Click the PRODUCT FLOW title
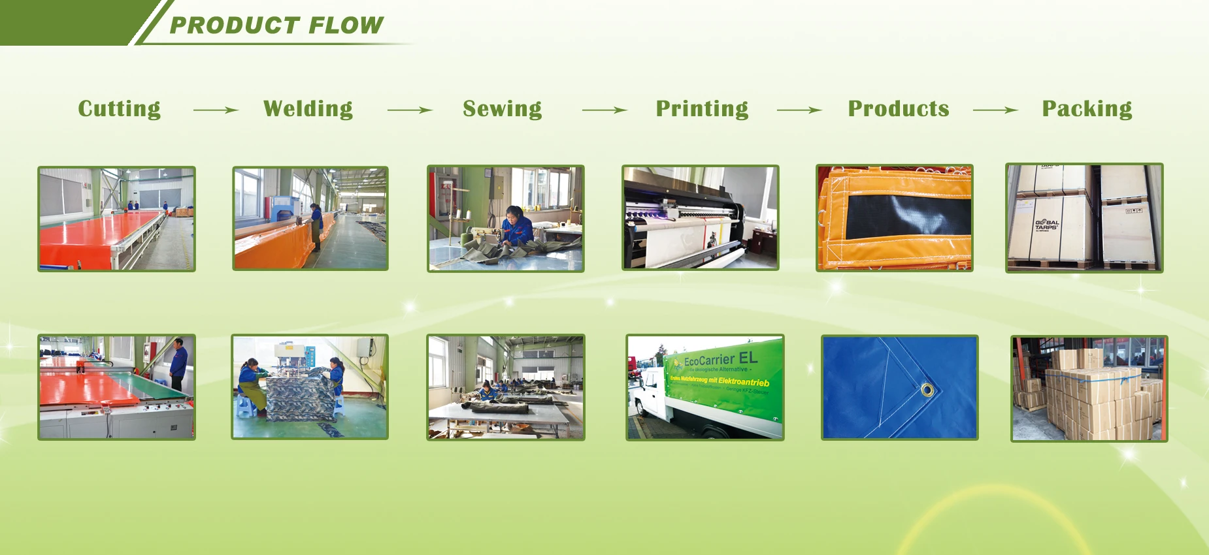[x=276, y=25]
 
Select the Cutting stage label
[x=119, y=108]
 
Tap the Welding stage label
[x=308, y=108]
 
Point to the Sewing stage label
[x=502, y=108]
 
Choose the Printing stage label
[x=702, y=108]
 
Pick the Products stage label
[x=898, y=108]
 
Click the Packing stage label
[x=1087, y=108]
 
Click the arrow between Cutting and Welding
[x=216, y=110]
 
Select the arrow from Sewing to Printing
[x=604, y=110]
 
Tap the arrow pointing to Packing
[x=995, y=110]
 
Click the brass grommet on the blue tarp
[x=927, y=390]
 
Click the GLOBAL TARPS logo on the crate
[x=1046, y=225]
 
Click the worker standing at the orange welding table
[x=316, y=226]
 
